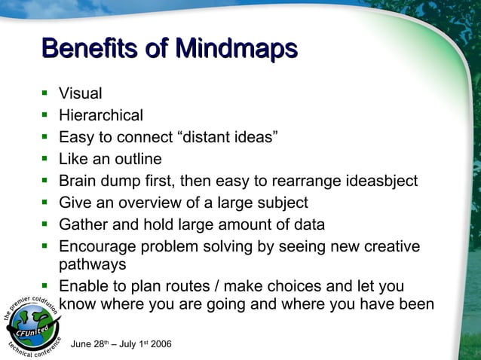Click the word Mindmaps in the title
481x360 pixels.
click(x=236, y=49)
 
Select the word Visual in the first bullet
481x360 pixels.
click(x=81, y=94)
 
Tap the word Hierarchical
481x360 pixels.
click(x=101, y=116)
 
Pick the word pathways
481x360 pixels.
click(x=93, y=265)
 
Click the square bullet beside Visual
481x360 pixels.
click(x=44, y=94)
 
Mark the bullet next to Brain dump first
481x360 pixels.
click(x=44, y=181)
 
